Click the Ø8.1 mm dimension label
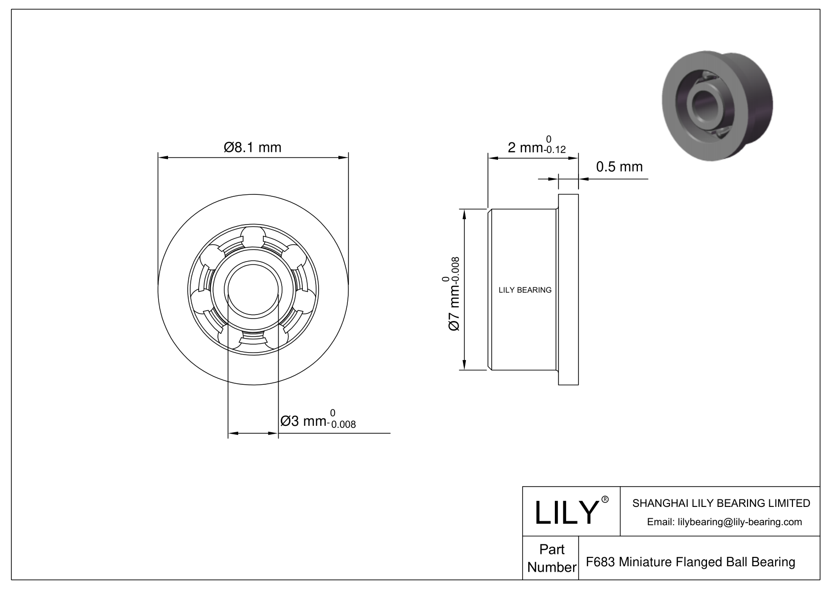[252, 147]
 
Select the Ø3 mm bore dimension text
[303, 421]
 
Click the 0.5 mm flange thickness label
[619, 167]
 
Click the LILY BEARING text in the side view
[525, 290]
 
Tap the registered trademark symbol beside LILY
[605, 499]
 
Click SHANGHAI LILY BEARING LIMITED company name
[721, 503]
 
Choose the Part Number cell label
[551, 558]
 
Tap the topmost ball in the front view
[252, 236]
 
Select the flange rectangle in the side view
[568, 290]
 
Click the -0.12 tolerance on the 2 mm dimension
[553, 150]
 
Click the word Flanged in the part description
[703, 562]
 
